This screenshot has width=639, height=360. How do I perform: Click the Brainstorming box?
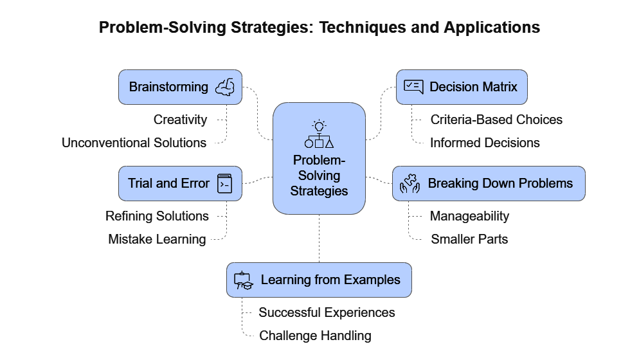coord(180,87)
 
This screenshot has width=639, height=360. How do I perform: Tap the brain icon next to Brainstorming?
coord(225,87)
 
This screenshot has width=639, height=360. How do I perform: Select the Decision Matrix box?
coord(462,87)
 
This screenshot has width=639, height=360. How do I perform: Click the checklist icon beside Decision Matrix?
coord(413,87)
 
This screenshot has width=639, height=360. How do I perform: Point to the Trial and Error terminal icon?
coord(225,183)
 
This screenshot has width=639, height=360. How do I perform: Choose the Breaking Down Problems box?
coord(489,183)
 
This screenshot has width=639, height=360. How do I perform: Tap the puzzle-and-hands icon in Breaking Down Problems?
coord(410,183)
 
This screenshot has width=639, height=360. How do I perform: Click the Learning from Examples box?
coord(319,280)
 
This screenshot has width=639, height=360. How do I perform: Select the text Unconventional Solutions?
coord(134,143)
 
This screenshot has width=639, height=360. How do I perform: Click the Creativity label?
coord(180,120)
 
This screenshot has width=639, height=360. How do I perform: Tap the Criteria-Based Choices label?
coord(496,120)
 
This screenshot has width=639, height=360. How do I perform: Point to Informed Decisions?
coord(485,143)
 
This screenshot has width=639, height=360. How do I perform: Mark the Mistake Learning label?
coord(157,239)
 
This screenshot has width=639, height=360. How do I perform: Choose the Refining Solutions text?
coord(157,215)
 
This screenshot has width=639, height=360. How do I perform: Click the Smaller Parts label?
coord(469,239)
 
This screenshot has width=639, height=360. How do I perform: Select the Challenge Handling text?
coord(316,336)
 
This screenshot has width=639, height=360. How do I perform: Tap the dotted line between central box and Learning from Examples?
coord(319,239)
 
